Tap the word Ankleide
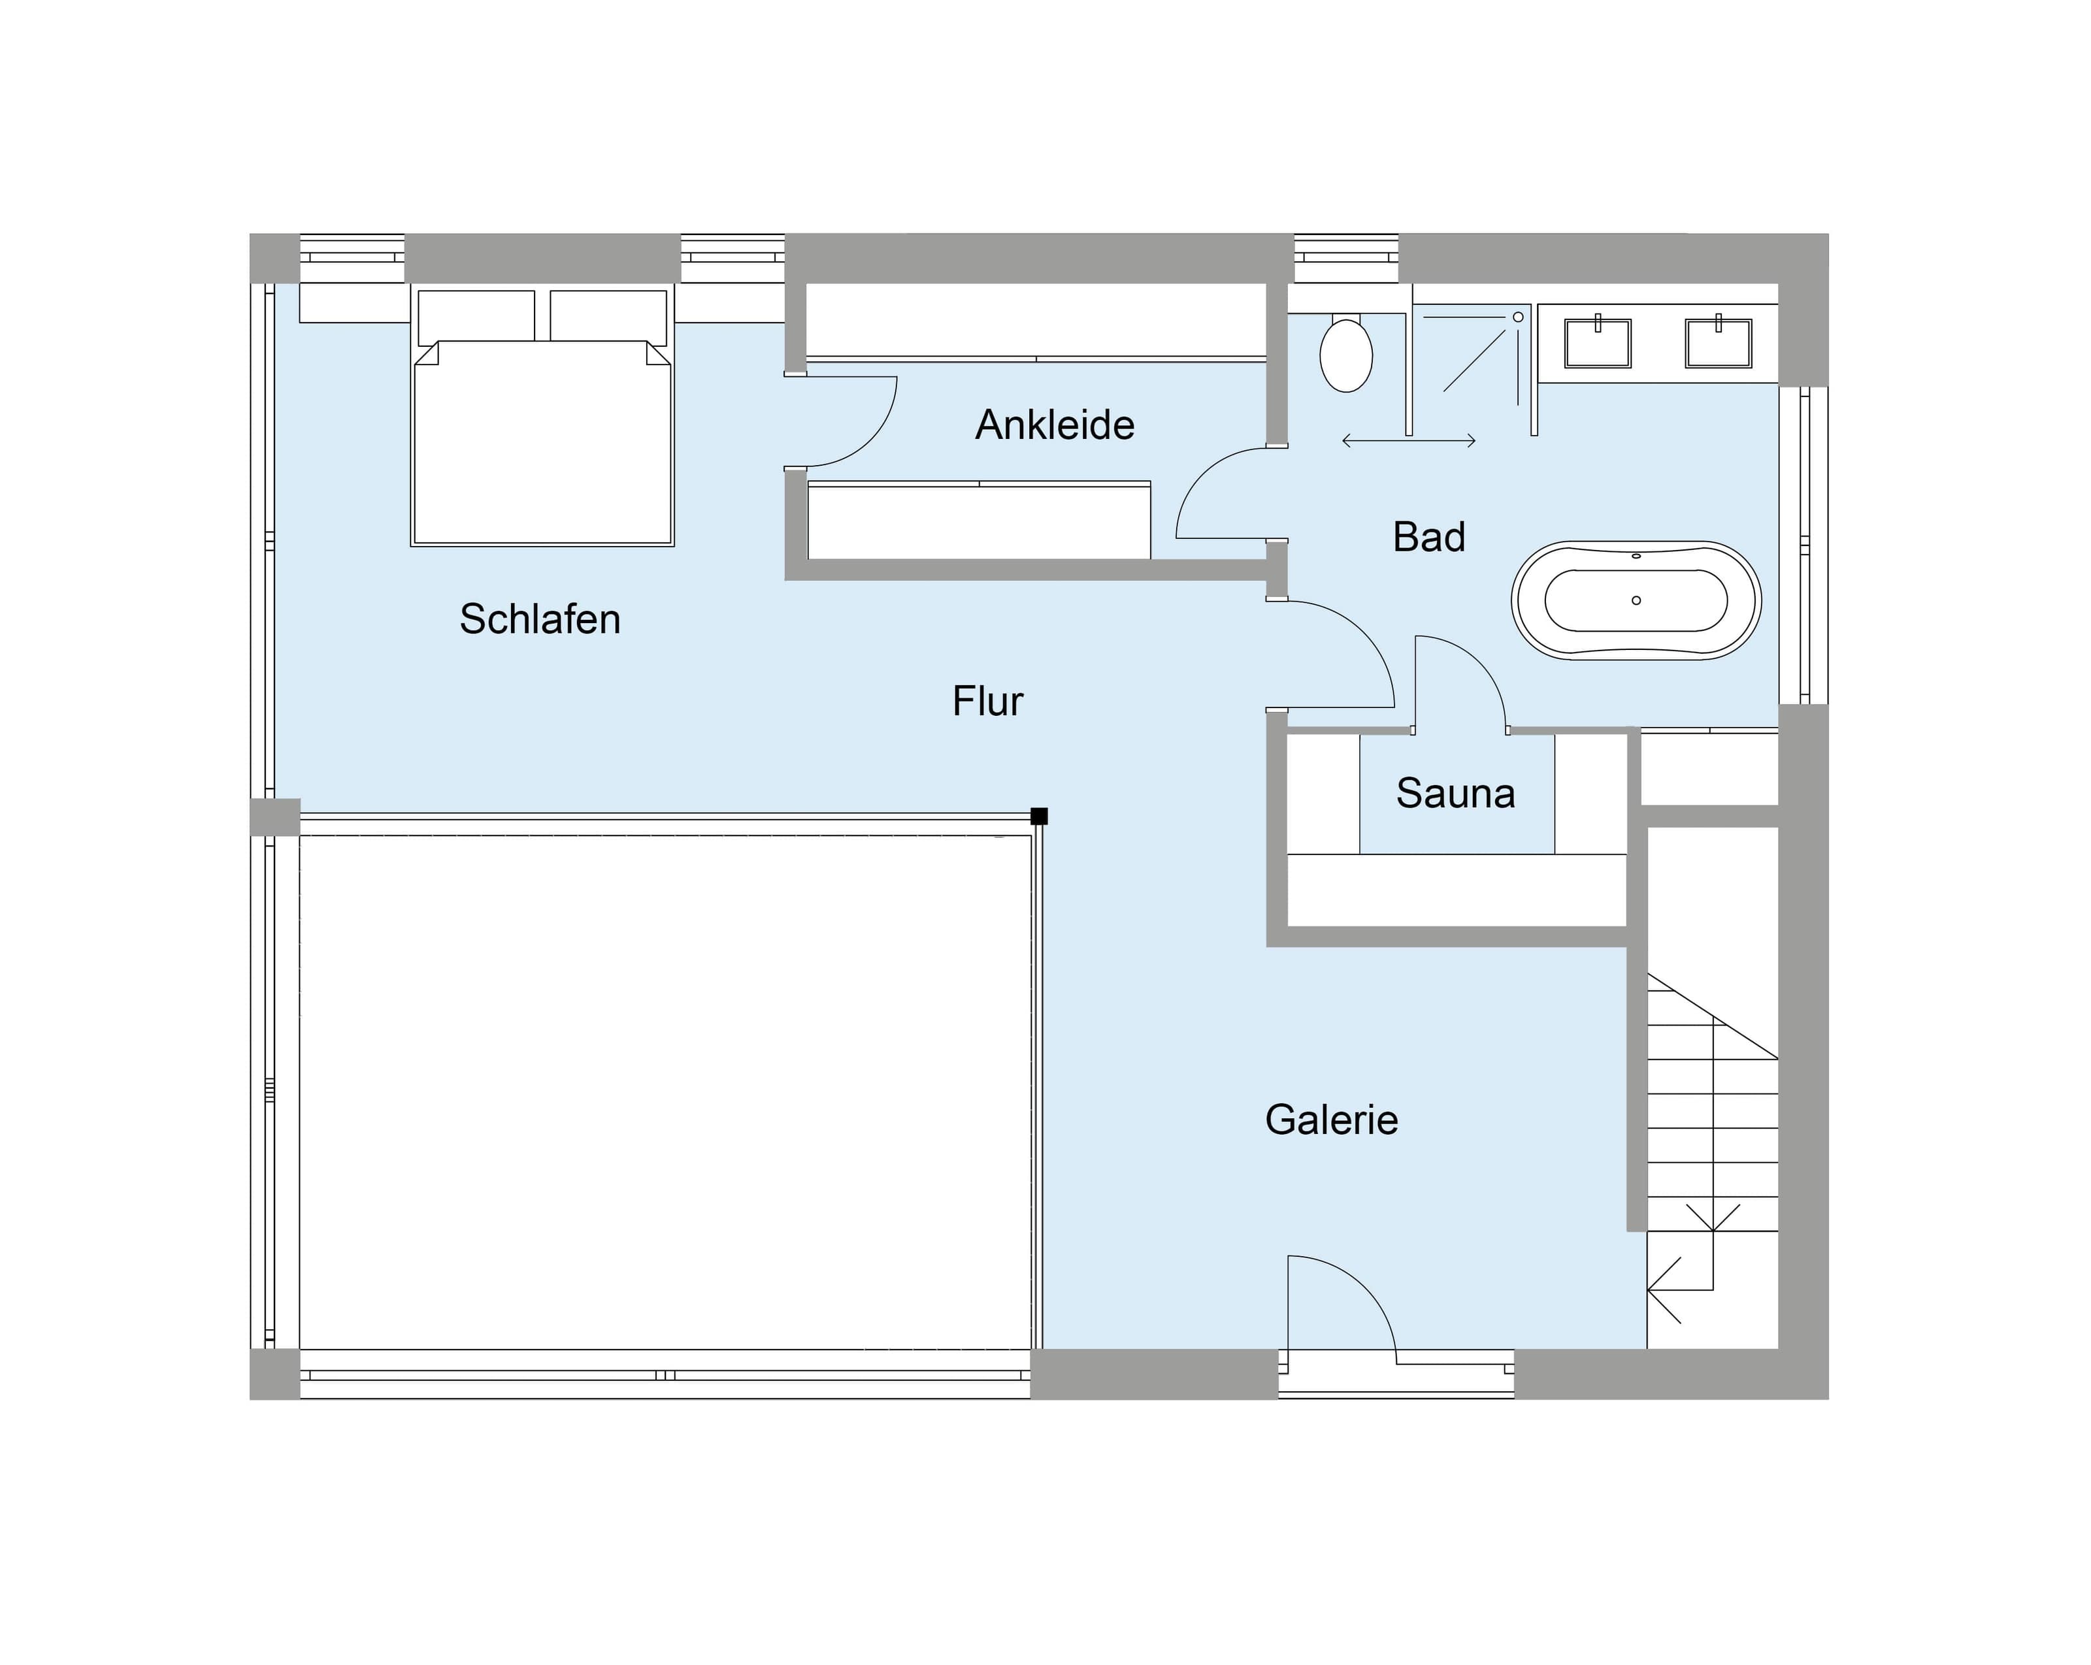1055,425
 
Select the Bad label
1428,537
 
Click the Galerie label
1332,1120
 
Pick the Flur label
987,701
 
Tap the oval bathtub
1636,601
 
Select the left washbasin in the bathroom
1598,342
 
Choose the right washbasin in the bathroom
1719,342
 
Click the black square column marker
1039,816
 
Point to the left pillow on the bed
476,316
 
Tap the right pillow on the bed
608,316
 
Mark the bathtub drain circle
1636,601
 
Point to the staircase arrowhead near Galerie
1660,1289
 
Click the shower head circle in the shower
1518,317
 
